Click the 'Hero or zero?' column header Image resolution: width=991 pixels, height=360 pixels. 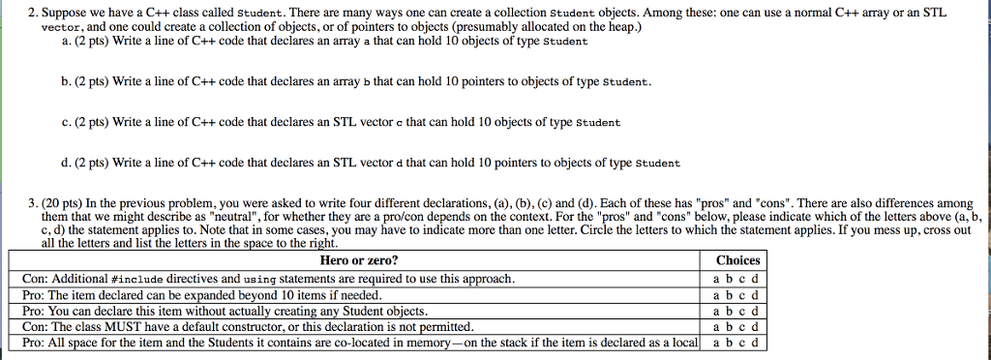[x=358, y=260]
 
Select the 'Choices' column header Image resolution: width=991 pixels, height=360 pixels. [x=737, y=260]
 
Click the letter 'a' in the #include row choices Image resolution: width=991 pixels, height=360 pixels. [x=715, y=279]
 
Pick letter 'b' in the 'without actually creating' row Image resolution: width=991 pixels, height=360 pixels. [x=728, y=311]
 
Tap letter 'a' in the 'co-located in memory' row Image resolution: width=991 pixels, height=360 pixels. [x=715, y=343]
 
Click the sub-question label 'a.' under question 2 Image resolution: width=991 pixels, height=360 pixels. [x=64, y=42]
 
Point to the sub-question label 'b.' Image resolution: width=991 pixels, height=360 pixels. [x=64, y=82]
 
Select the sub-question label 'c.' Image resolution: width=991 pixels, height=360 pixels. [x=64, y=123]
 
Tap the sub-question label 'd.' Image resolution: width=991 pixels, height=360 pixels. [x=64, y=164]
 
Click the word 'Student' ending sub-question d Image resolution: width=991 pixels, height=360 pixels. [x=658, y=165]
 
